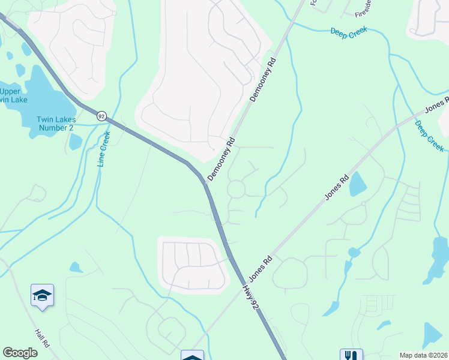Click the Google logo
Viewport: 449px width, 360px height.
point(20,352)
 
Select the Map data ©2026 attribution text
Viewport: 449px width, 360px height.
point(423,355)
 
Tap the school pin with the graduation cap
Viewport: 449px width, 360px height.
point(42,295)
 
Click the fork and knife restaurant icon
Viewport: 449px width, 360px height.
point(351,356)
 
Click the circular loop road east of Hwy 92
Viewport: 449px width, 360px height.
point(236,189)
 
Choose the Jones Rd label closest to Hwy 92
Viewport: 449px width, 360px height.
point(261,269)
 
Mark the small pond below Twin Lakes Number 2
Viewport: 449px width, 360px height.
point(76,142)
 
